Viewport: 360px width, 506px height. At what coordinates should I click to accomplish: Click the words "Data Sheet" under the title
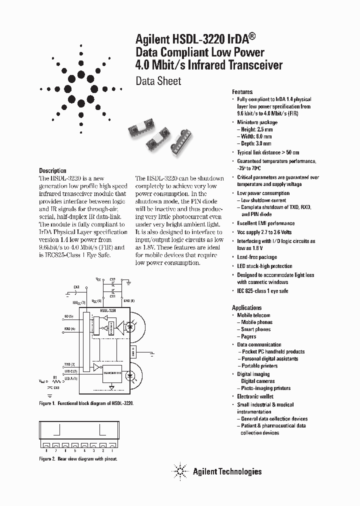coord(158,81)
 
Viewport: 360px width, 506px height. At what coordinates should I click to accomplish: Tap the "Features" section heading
coord(242,92)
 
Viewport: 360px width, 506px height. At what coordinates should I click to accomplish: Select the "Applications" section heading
coord(246,307)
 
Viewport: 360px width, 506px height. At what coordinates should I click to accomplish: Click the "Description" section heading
coord(52,170)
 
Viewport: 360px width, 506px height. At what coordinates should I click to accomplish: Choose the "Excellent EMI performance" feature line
coord(265,223)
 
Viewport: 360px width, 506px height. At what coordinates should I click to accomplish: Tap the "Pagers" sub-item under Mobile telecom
coord(248,336)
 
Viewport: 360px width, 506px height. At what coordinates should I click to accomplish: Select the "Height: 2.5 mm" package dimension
coord(256,129)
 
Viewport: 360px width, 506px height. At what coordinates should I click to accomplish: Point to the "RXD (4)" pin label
coord(69,328)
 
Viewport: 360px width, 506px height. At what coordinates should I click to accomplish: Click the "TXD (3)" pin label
coord(69,364)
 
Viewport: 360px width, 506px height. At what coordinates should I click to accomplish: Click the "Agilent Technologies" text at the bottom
coord(227,471)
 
